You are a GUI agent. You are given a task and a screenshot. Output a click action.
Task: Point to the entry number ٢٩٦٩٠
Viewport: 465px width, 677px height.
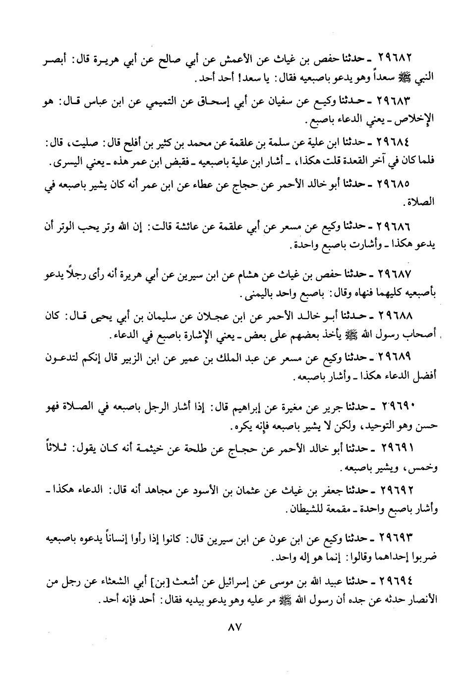point(398,407)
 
